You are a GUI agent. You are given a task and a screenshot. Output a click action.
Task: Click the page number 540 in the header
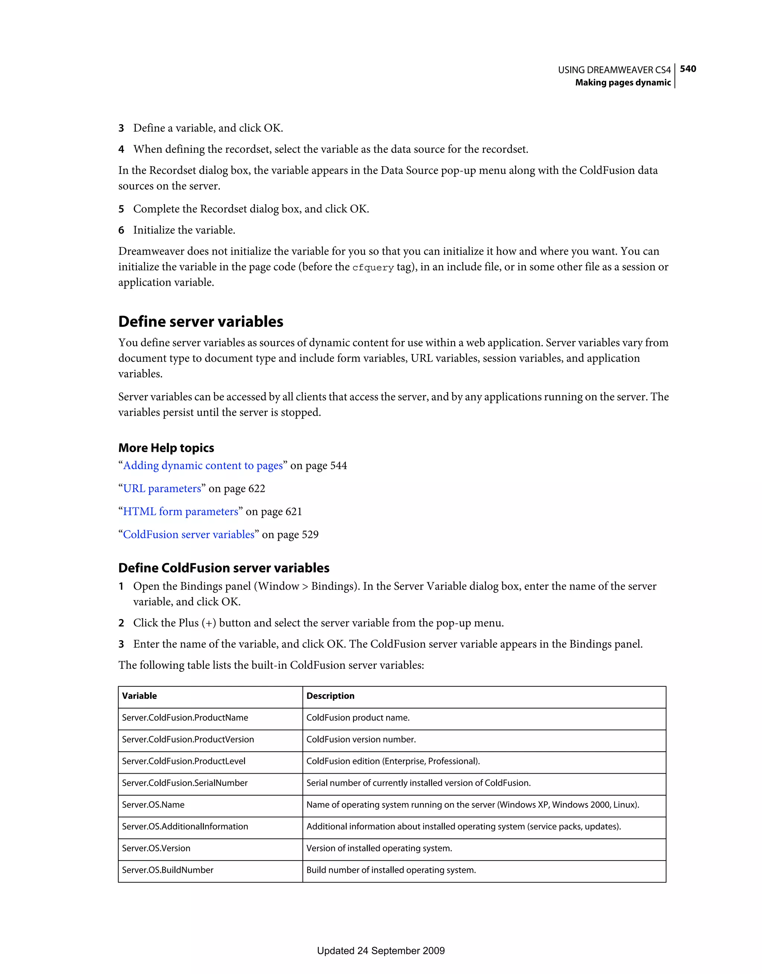tap(688, 69)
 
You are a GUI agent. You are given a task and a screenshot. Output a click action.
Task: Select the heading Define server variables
tap(201, 322)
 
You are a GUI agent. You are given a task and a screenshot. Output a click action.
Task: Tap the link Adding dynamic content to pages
tap(203, 465)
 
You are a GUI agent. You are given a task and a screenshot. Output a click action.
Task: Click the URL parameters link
tap(162, 489)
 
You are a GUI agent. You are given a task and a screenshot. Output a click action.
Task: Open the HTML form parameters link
tap(181, 512)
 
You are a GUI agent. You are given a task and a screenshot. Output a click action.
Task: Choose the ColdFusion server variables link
tap(188, 535)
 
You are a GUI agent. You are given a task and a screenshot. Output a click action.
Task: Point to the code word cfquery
tap(373, 268)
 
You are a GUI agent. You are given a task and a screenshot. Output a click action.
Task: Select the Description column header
tap(330, 696)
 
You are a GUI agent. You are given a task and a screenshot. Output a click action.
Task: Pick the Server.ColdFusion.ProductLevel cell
tap(183, 761)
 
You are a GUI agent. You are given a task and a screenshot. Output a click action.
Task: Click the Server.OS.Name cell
tap(153, 804)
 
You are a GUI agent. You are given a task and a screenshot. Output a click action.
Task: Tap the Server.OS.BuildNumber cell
tap(167, 870)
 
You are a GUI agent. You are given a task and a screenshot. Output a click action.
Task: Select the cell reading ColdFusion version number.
tap(361, 739)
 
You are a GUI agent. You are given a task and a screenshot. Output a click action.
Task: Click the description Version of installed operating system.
tap(379, 848)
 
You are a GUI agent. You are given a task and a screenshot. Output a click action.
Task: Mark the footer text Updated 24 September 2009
tap(381, 950)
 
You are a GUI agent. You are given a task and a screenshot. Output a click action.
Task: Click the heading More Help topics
tap(166, 448)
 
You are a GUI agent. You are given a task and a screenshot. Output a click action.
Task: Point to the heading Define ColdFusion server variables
tap(224, 568)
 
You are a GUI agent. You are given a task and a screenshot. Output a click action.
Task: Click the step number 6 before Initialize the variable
tap(121, 230)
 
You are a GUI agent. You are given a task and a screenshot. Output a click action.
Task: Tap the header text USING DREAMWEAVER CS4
tap(614, 70)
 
